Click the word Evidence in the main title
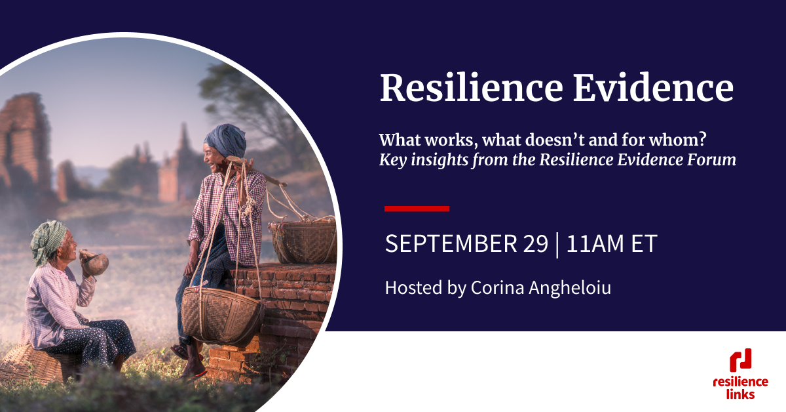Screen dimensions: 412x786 (x=654, y=88)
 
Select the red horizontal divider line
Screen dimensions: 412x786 (x=417, y=209)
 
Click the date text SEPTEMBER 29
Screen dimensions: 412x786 (x=466, y=244)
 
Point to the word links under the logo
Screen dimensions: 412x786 (x=740, y=394)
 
